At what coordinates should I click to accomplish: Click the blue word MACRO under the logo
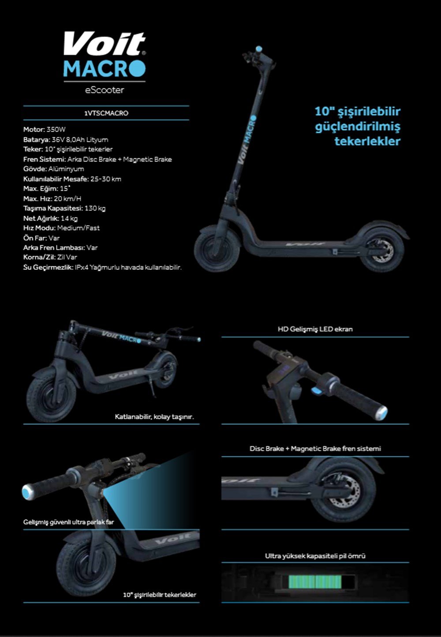tap(105, 68)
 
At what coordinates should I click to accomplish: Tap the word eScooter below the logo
tap(105, 90)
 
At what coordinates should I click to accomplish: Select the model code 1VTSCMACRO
tap(106, 113)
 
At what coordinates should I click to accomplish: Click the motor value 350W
tap(56, 130)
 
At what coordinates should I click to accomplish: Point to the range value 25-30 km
tap(106, 179)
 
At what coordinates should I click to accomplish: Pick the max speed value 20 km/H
tap(68, 198)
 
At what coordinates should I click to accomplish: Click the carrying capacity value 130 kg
tap(95, 209)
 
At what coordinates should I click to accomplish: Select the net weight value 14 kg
tap(69, 218)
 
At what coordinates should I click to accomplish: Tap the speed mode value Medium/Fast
tap(78, 228)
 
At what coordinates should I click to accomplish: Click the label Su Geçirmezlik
tap(48, 267)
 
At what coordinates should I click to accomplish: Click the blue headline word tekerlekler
tap(367, 142)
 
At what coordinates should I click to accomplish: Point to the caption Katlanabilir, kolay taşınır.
tap(154, 417)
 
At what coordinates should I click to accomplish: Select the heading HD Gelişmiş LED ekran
tap(315, 329)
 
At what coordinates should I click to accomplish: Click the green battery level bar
tap(315, 582)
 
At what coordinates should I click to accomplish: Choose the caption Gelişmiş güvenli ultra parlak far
tap(68, 522)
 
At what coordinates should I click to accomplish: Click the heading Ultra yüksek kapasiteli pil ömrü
tap(315, 556)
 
